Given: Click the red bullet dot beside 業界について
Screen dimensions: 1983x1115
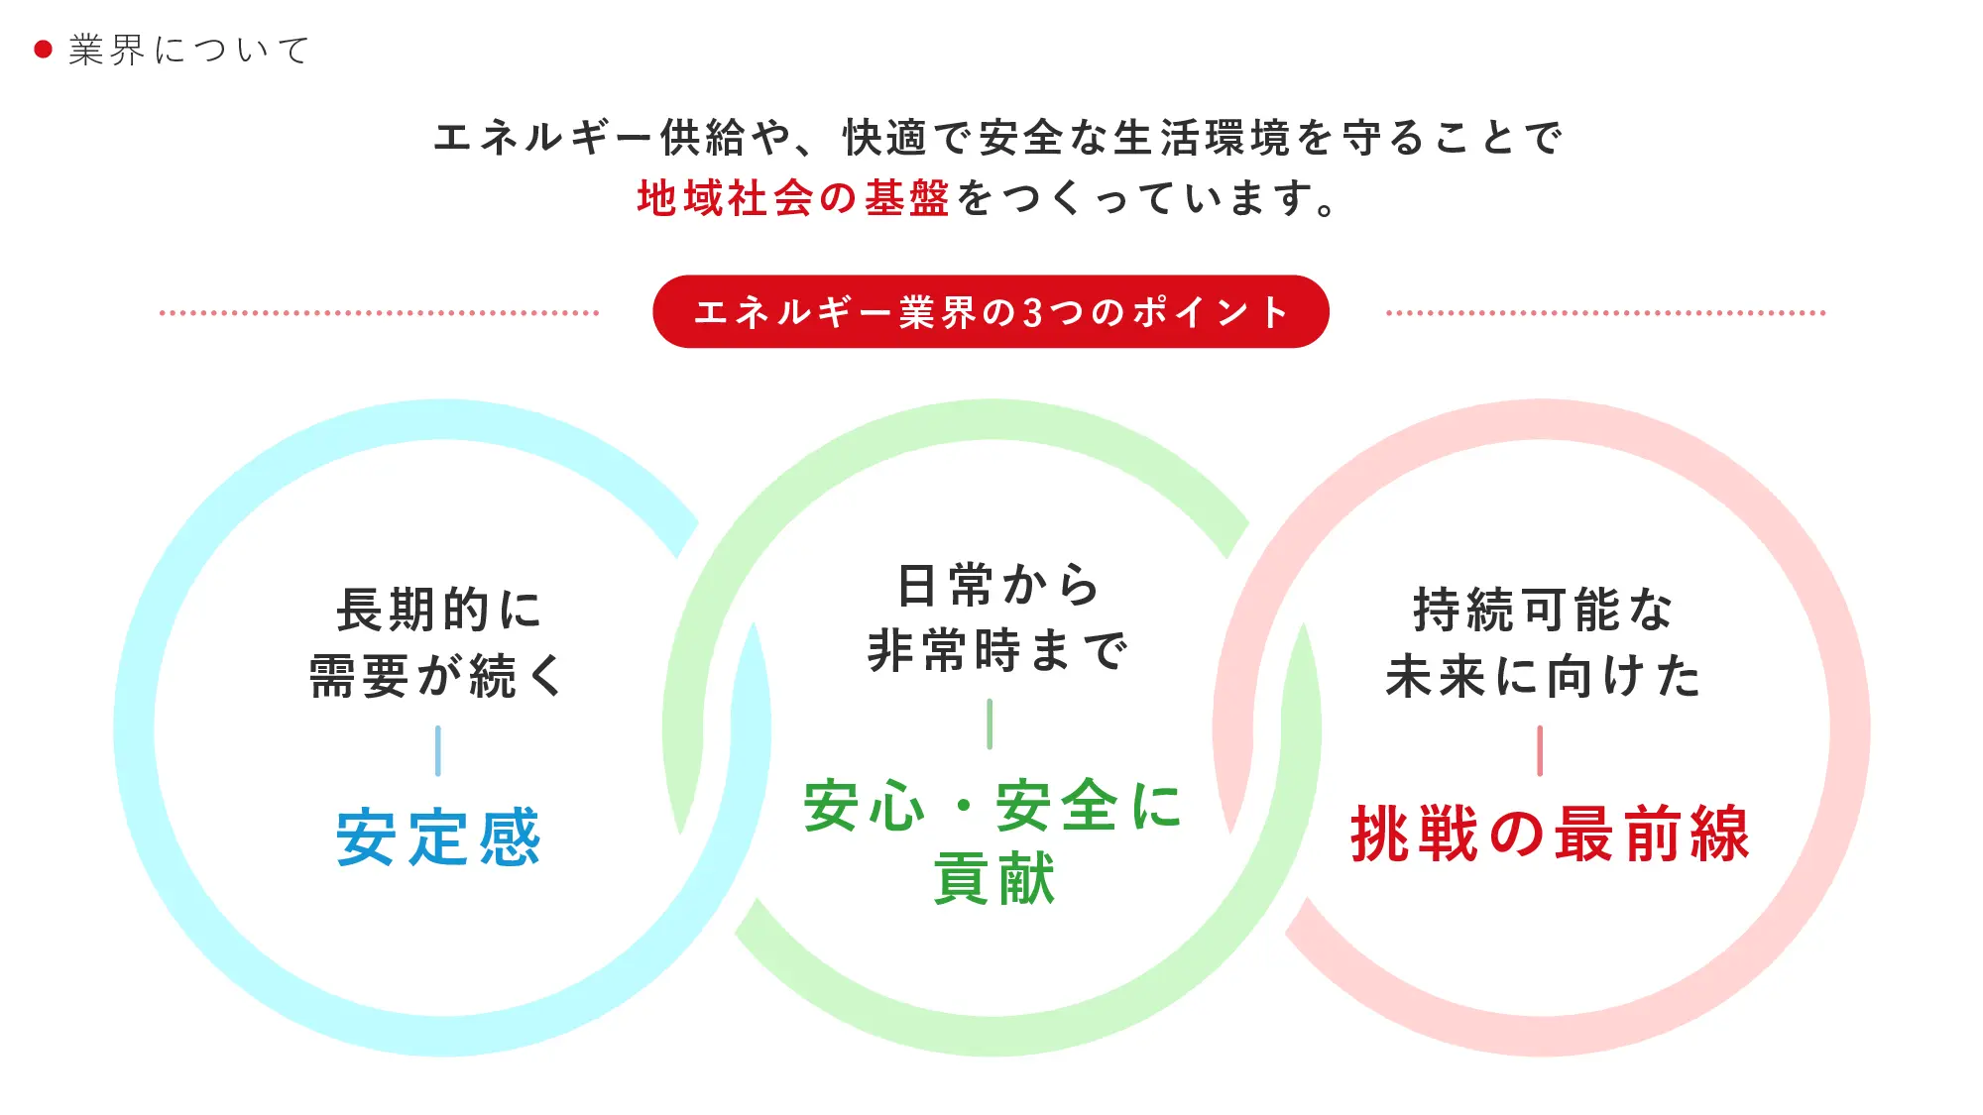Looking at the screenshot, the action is pos(43,50).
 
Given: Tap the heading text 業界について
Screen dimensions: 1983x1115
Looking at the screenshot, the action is pos(188,50).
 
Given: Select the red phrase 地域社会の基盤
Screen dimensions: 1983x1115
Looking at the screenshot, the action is pos(793,198).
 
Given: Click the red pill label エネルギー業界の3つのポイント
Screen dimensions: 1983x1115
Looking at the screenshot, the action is pos(991,311).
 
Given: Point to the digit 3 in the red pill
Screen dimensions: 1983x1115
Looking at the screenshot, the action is pos(1033,312).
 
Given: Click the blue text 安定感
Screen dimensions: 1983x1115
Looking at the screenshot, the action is pos(438,837).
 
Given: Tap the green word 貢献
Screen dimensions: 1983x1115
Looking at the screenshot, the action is pos(994,878).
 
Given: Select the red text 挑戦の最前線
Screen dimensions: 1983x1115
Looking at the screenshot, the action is pos(1550,834).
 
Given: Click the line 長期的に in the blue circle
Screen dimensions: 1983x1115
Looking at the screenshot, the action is pos(438,609).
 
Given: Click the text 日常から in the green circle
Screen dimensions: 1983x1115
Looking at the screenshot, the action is pos(997,585).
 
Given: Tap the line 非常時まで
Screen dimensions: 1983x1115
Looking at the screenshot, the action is pos(997,651).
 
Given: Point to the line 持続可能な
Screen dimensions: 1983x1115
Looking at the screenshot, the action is pos(1543,609).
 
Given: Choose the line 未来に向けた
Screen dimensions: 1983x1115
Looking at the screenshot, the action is pos(1543,676).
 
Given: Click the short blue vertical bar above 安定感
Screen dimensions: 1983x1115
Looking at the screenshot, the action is pos(437,750).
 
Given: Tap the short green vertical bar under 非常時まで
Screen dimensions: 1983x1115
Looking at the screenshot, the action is pos(990,724).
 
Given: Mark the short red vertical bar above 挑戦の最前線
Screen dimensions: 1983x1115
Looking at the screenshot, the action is pos(1540,750).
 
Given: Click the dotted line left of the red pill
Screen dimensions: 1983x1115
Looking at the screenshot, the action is pos(380,312).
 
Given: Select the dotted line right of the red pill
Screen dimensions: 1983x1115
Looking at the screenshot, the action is pos(1605,312).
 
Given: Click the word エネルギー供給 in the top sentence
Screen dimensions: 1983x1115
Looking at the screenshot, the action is pos(589,137).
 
